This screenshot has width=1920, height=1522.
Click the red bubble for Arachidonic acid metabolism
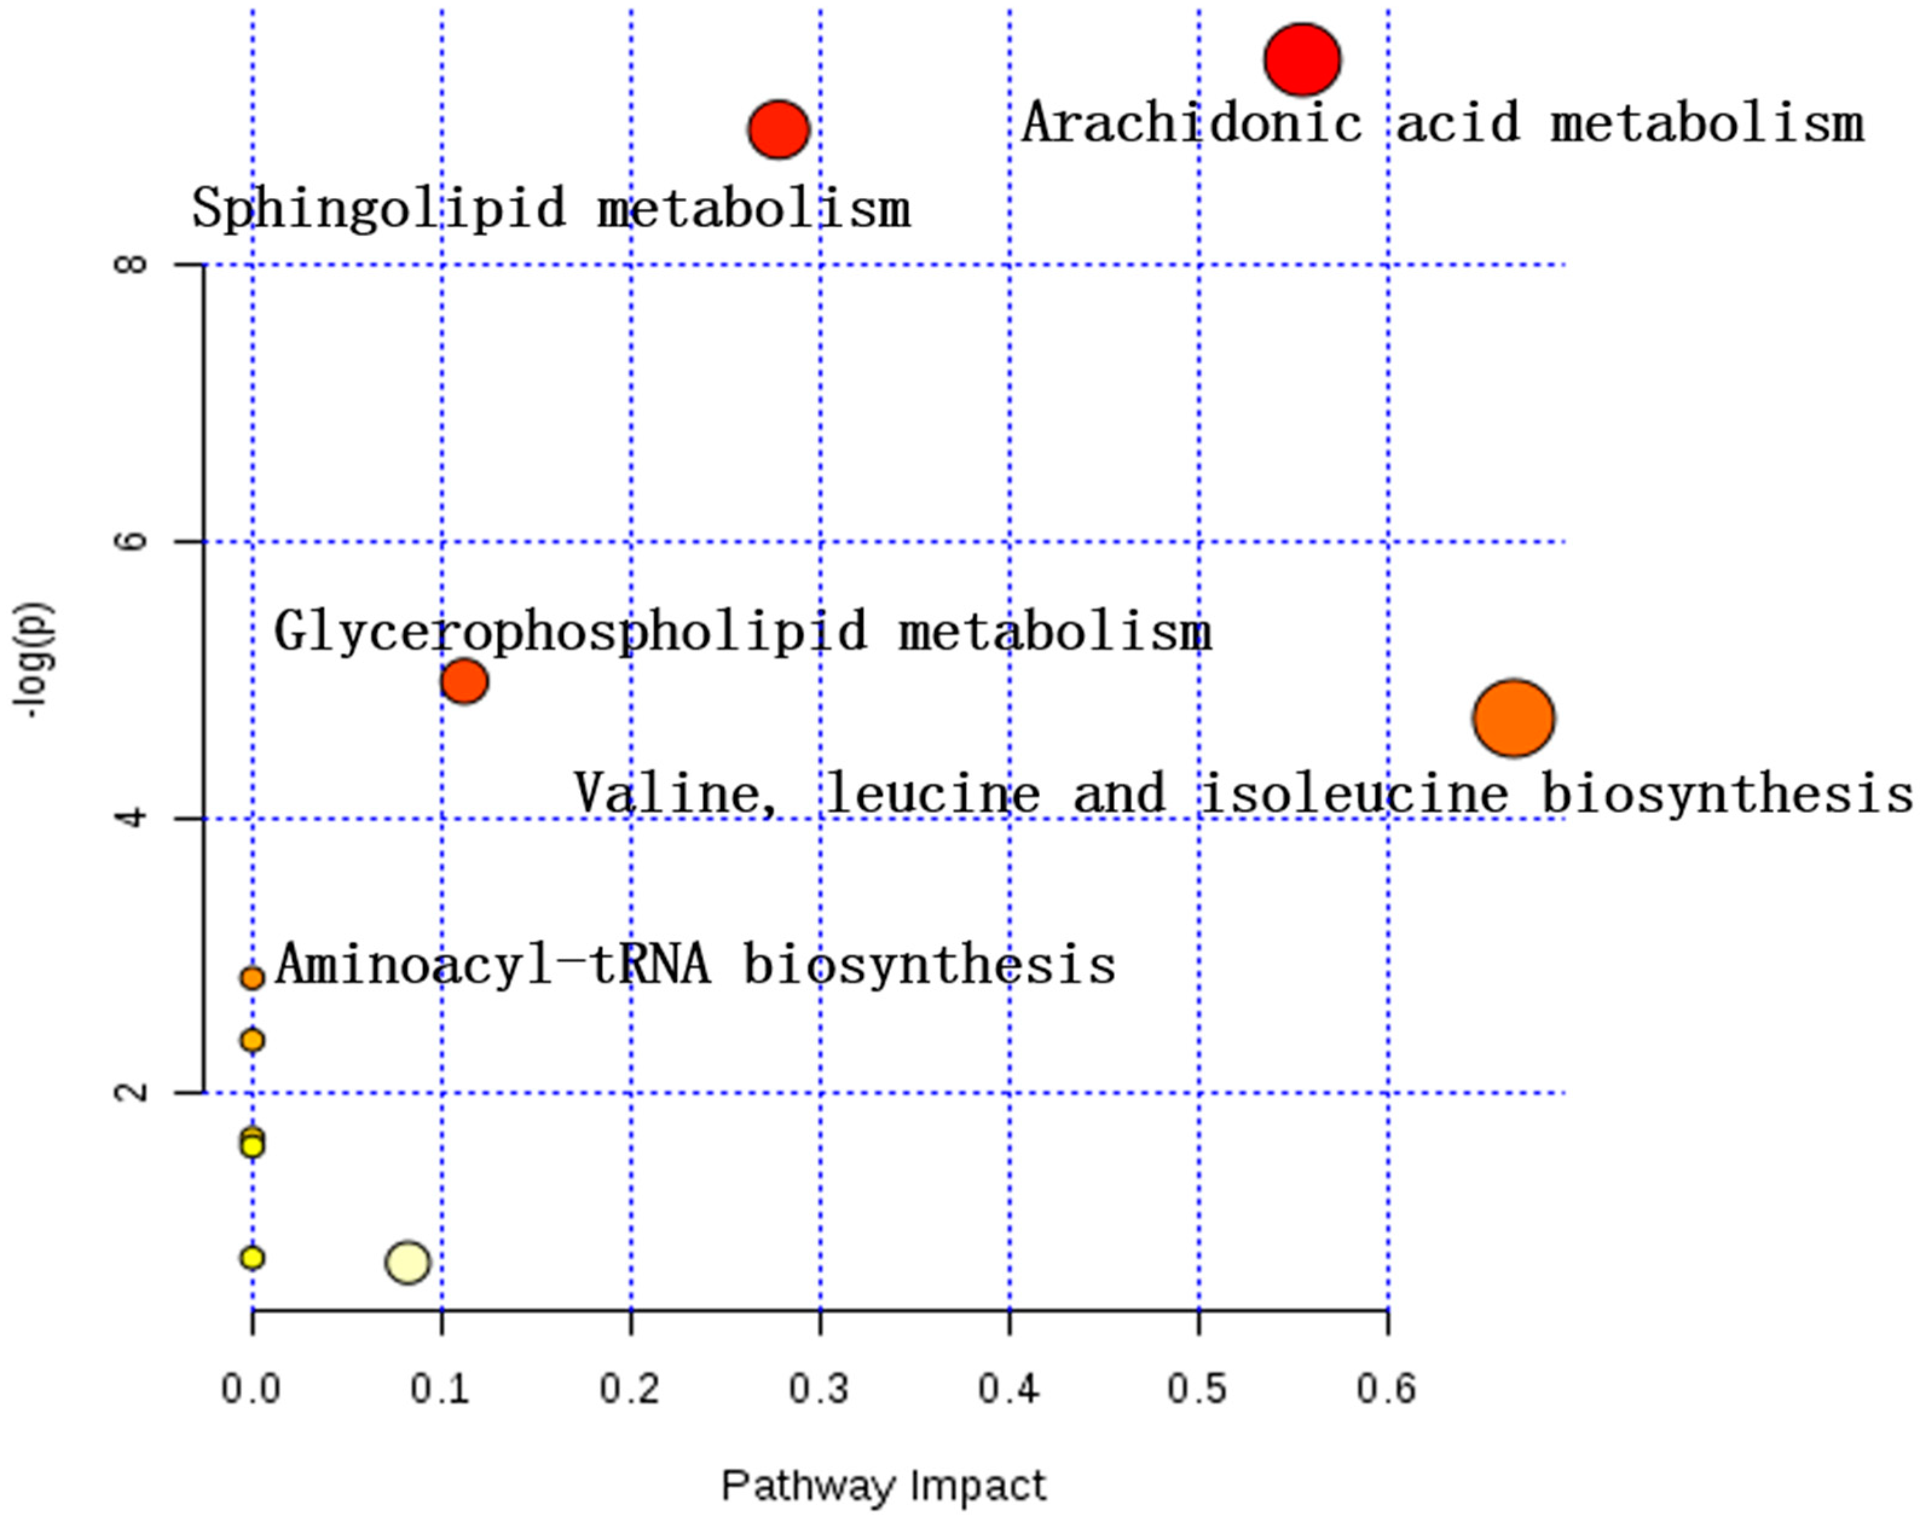tap(1302, 60)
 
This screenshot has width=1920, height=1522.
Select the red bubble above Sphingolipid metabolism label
tap(778, 129)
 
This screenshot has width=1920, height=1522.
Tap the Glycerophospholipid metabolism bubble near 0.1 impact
tap(464, 682)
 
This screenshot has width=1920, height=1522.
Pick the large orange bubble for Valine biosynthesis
tap(1513, 718)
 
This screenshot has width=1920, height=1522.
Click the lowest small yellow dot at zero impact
tap(252, 1257)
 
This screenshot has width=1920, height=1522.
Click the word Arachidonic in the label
tap(1192, 123)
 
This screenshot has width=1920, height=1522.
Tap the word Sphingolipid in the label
tap(378, 208)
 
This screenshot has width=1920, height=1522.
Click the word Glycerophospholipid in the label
tap(570, 632)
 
